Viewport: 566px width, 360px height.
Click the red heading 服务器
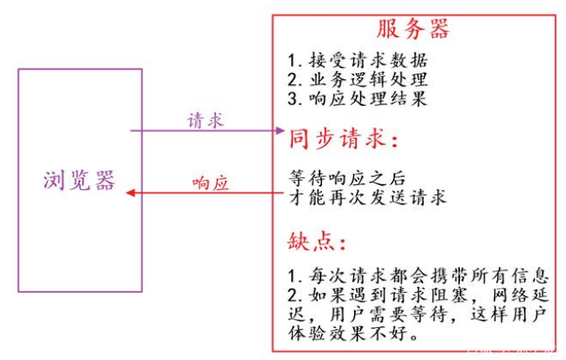click(412, 29)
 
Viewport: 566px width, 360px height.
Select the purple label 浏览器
click(79, 180)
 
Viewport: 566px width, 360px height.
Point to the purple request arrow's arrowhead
click(280, 130)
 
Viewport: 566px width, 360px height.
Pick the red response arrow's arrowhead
click(131, 193)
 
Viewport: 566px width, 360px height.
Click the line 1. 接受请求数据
click(357, 61)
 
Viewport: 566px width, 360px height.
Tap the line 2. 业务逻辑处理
click(357, 80)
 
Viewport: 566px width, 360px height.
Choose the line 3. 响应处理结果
click(357, 98)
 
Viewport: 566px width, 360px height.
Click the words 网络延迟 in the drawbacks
click(519, 297)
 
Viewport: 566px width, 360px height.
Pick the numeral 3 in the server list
click(291, 98)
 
